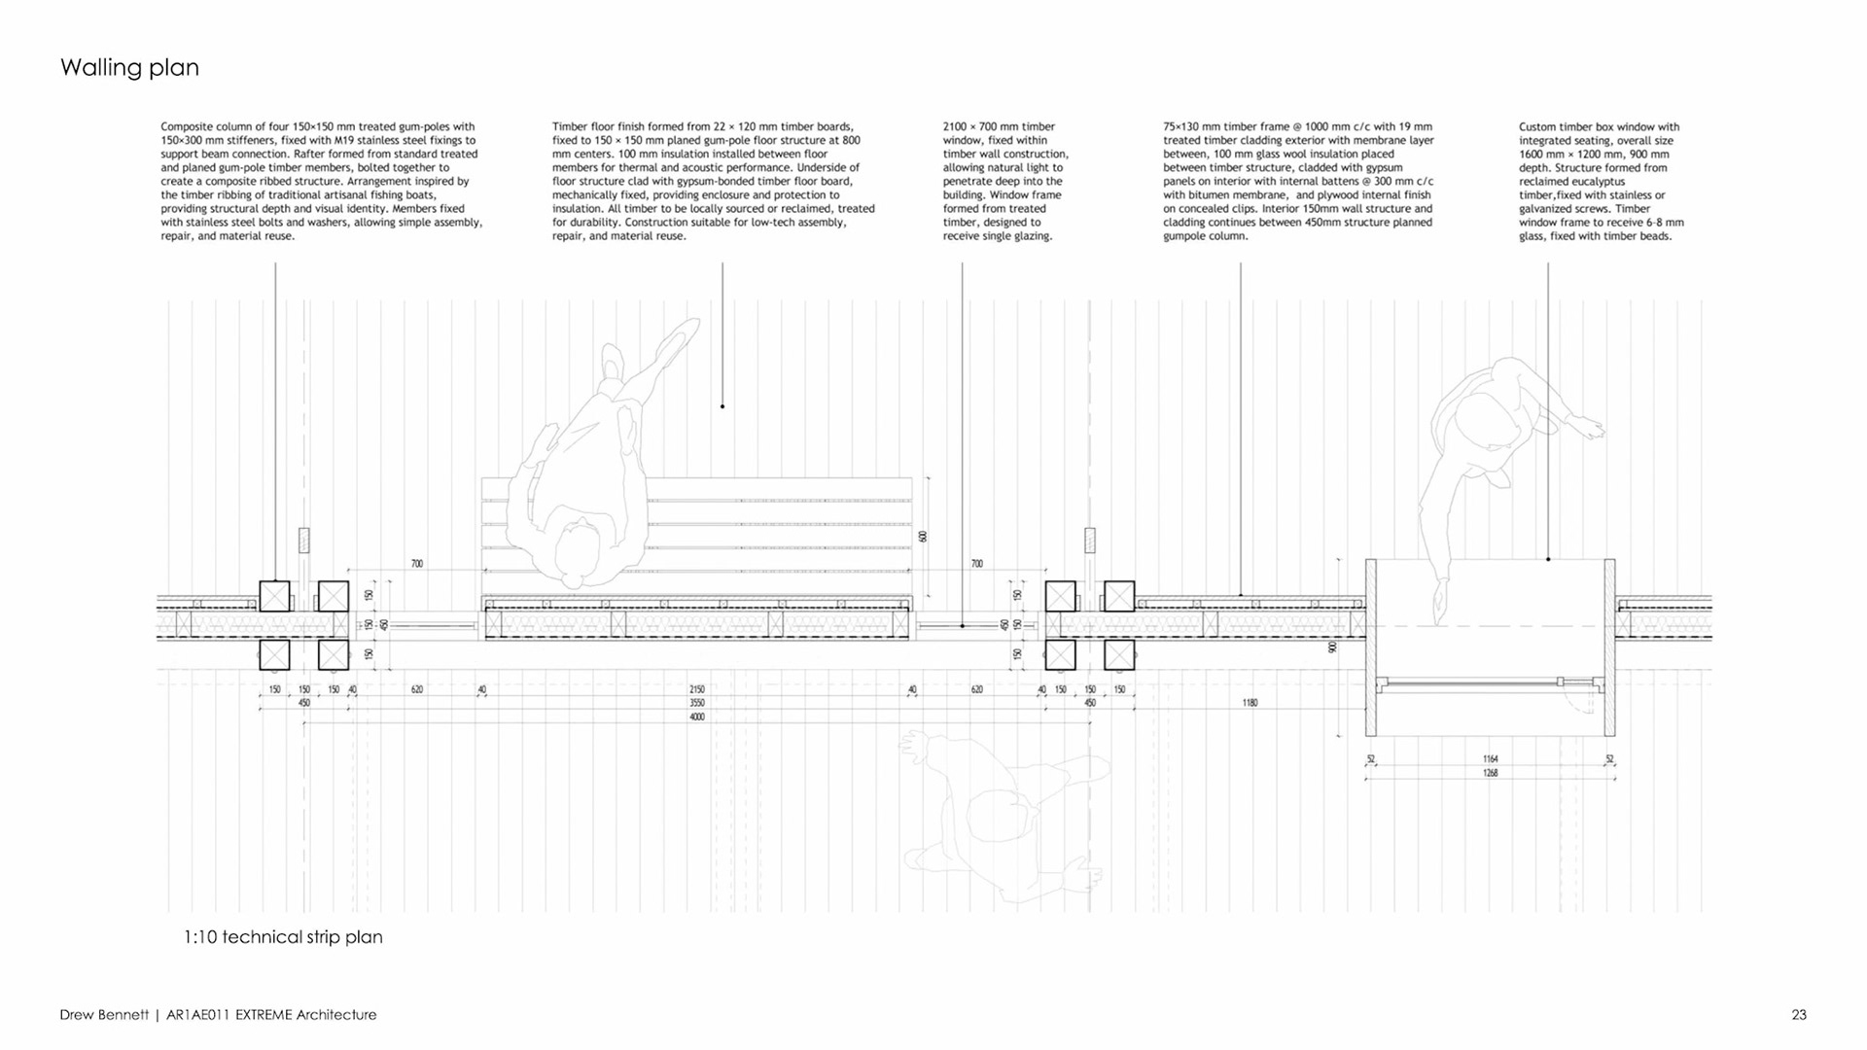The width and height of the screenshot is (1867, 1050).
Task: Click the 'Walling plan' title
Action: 129,67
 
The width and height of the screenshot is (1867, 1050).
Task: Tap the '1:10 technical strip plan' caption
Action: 283,937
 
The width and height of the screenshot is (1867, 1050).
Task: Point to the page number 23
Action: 1799,1015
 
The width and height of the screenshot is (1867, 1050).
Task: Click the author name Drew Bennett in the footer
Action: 104,1015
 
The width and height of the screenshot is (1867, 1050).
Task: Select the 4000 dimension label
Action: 697,717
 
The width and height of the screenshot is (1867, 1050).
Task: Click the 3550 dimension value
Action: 697,703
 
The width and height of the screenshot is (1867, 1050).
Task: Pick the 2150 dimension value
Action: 697,689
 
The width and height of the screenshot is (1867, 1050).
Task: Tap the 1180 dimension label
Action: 1250,703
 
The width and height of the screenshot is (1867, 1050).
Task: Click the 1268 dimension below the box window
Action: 1491,774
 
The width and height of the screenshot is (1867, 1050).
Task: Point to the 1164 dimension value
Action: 1491,759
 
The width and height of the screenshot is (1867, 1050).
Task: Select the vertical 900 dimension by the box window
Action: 1332,647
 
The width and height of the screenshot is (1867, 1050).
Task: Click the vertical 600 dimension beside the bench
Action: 923,536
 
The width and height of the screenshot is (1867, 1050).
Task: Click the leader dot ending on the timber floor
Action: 722,406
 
